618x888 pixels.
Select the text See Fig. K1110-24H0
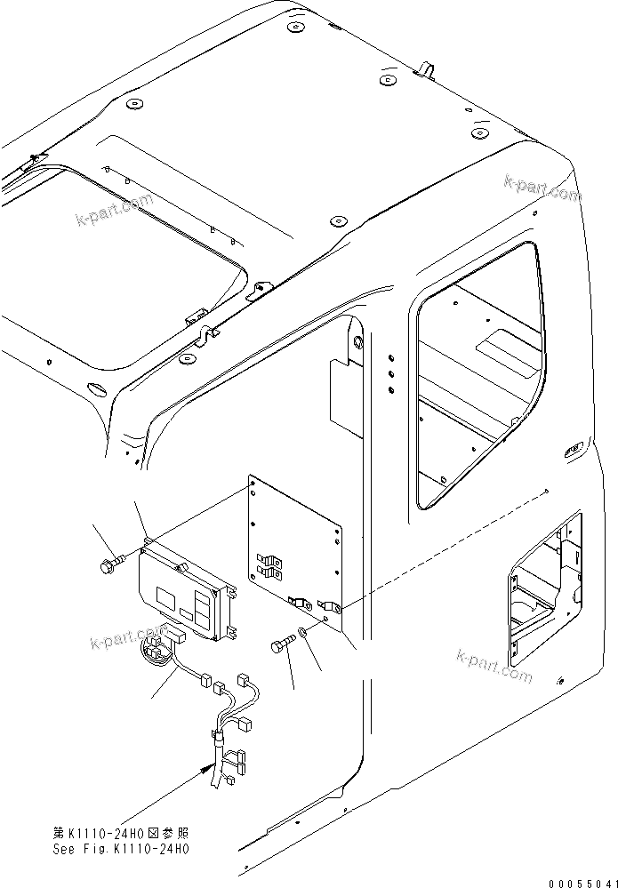(122, 849)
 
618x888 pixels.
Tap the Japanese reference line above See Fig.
(122, 834)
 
